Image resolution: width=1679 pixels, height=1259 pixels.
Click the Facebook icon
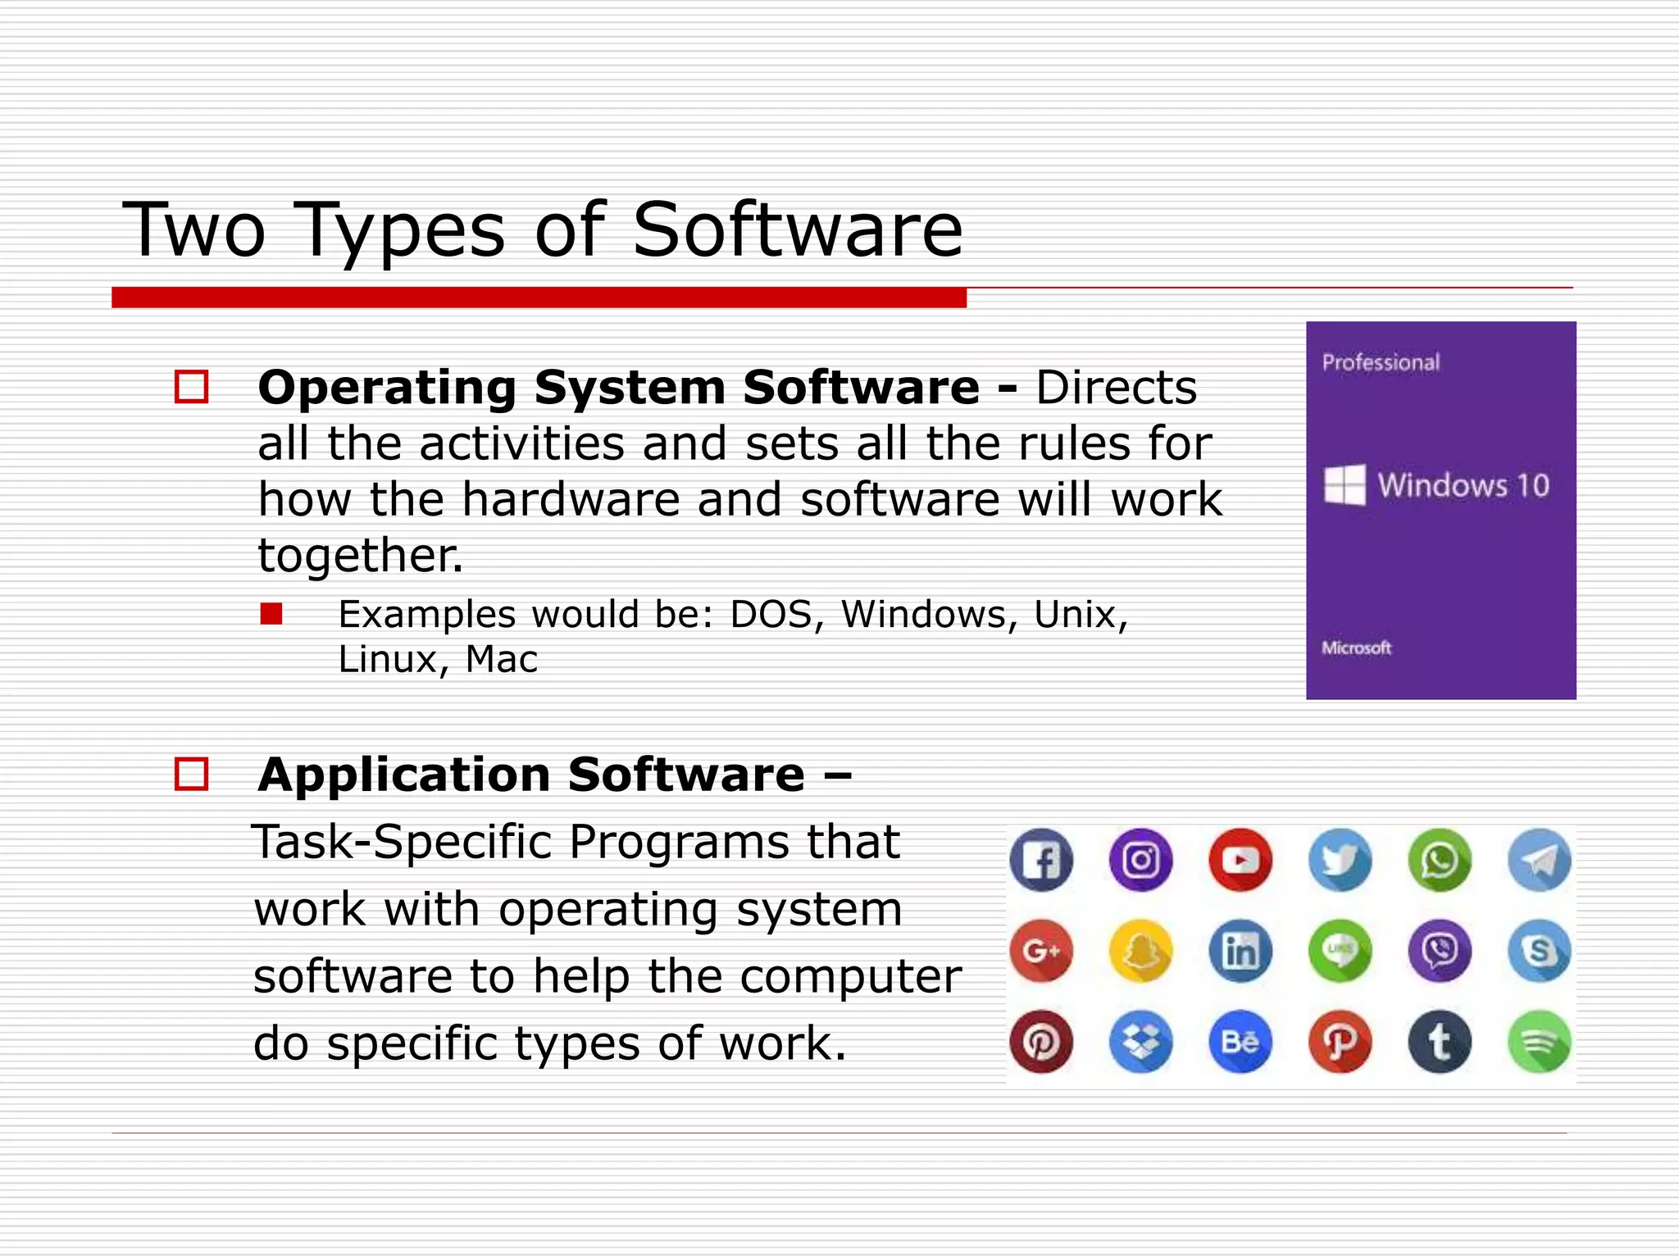(x=1041, y=860)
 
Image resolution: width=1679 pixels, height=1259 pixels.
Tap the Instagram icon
(x=1140, y=860)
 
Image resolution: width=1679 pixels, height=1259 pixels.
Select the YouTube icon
(x=1240, y=860)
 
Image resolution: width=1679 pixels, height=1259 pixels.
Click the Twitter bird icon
(x=1340, y=860)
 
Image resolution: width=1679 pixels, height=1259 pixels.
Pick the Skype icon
(x=1540, y=951)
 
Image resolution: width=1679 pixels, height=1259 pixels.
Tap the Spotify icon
(x=1540, y=1042)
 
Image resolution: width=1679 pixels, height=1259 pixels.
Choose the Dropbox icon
(x=1140, y=1042)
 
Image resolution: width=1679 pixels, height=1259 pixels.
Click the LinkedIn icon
(x=1240, y=951)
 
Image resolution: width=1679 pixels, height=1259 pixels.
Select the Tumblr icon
(x=1440, y=1042)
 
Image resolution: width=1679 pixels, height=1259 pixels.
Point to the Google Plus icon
(x=1041, y=951)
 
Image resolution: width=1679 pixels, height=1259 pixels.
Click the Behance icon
(x=1240, y=1042)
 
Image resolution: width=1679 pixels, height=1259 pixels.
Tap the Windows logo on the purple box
(x=1345, y=484)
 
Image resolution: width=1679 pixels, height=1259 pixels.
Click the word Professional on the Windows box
(x=1381, y=362)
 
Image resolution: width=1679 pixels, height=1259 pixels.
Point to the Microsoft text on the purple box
(x=1356, y=648)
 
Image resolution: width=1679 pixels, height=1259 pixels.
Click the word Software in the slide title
(x=798, y=230)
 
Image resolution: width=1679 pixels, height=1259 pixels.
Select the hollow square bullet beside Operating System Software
(x=192, y=387)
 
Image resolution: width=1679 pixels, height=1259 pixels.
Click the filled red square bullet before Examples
(x=271, y=614)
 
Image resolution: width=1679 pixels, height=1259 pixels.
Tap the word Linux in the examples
(x=388, y=659)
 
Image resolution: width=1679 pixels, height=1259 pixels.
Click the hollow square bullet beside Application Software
(x=192, y=774)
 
